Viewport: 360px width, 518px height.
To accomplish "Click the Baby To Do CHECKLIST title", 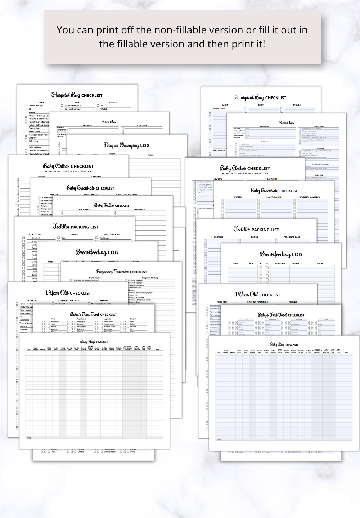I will point(112,205).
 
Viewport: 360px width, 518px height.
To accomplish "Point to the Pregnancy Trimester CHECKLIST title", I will point(121,272).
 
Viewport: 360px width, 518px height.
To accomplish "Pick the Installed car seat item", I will point(73,106).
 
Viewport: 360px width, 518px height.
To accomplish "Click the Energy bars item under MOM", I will point(35,128).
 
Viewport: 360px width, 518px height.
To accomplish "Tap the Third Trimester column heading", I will point(139,209).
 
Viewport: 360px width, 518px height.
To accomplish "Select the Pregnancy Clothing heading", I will point(150,278).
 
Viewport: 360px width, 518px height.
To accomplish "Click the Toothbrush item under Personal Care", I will point(104,238).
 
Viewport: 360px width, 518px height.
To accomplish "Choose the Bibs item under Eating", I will point(63,238).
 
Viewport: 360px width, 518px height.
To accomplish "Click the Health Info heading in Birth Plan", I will point(265,142).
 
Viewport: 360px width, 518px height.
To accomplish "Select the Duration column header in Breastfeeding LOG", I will point(280,263).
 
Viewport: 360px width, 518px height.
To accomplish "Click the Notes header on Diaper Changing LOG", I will point(150,155).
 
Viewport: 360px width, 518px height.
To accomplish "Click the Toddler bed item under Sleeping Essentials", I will point(60,304).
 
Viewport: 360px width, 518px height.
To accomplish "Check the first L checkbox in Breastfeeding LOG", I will point(261,268).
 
